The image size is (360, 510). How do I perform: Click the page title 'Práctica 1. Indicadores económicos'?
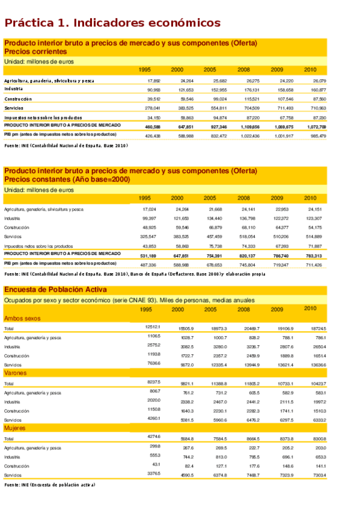(112, 23)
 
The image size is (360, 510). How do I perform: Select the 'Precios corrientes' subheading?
(35, 52)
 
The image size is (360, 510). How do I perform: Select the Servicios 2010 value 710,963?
(316, 108)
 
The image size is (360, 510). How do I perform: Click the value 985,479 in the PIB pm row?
(316, 136)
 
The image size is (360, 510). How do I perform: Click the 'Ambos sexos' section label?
(22, 318)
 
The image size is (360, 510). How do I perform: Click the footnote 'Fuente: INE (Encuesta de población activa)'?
(49, 485)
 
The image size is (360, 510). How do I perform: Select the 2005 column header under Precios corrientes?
(210, 70)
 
